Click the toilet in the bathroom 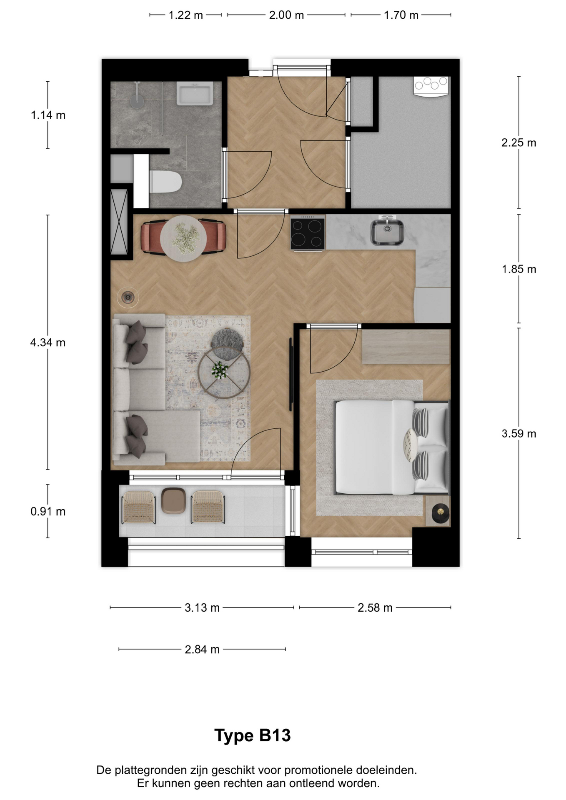(166, 182)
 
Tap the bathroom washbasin (195, 93)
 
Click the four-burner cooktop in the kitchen (308, 233)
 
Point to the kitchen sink (387, 232)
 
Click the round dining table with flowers (183, 238)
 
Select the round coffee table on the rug (224, 373)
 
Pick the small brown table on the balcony (173, 500)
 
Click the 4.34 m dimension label (48, 342)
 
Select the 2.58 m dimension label (375, 608)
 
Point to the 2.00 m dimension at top (286, 15)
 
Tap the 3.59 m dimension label (518, 434)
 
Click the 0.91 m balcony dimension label (48, 511)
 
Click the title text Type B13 (252, 735)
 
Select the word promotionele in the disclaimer (318, 770)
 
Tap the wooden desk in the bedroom (406, 346)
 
